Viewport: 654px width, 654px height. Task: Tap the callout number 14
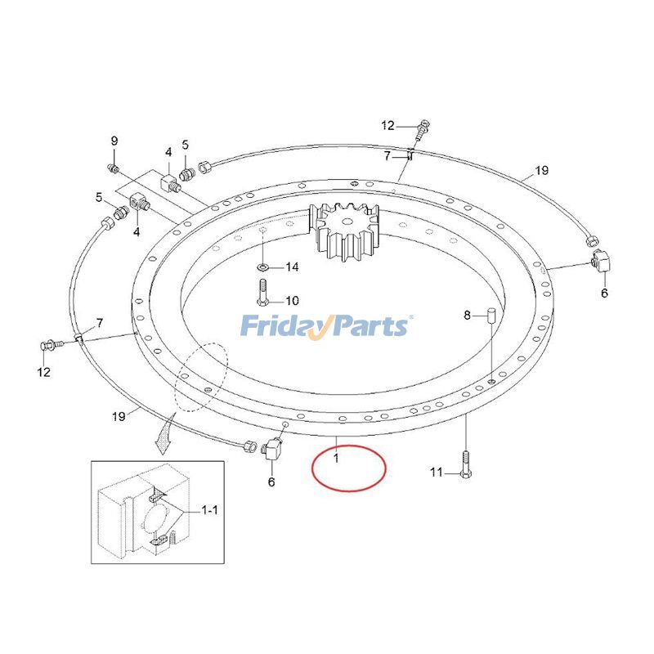[x=292, y=267]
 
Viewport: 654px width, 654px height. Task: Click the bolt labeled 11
[x=466, y=465]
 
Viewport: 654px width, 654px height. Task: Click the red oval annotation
[x=349, y=468]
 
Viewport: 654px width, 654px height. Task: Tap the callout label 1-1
[x=210, y=509]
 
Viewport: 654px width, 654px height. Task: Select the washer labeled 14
[x=262, y=267]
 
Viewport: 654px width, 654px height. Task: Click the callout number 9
[x=114, y=141]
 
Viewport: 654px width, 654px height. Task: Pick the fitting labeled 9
[x=112, y=168]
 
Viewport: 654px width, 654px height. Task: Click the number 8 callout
[x=467, y=316]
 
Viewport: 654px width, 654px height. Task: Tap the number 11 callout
[x=437, y=473]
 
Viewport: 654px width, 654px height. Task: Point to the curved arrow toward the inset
[x=165, y=434]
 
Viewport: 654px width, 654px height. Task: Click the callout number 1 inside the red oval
[x=336, y=458]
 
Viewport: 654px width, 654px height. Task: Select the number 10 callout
[x=292, y=301]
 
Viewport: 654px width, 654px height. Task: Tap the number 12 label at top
[x=387, y=125]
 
